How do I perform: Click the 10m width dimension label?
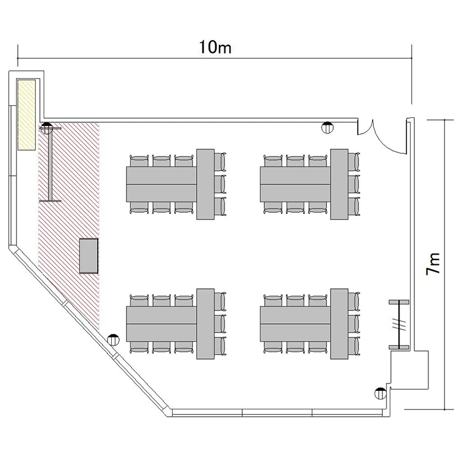[x=215, y=47]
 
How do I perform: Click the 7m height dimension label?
[x=433, y=264]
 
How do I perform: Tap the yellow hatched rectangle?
[x=26, y=115]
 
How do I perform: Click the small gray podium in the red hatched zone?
[x=89, y=256]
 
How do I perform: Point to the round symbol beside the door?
[x=327, y=127]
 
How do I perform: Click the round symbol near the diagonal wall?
[x=113, y=340]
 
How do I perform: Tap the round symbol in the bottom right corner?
[x=380, y=393]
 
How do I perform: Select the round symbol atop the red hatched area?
[x=47, y=128]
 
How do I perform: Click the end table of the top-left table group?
[x=205, y=184]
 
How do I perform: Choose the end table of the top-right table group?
[x=339, y=184]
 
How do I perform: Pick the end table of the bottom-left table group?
[x=205, y=324]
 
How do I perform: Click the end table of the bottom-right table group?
[x=339, y=324]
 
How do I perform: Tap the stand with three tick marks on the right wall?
[x=399, y=325]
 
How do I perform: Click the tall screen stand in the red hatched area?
[x=50, y=165]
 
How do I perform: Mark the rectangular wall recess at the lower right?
[x=409, y=369]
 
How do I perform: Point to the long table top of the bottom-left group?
[x=162, y=324]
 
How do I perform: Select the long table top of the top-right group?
[x=295, y=184]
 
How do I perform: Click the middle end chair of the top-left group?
[x=219, y=184]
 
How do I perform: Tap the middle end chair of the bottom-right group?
[x=353, y=324]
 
